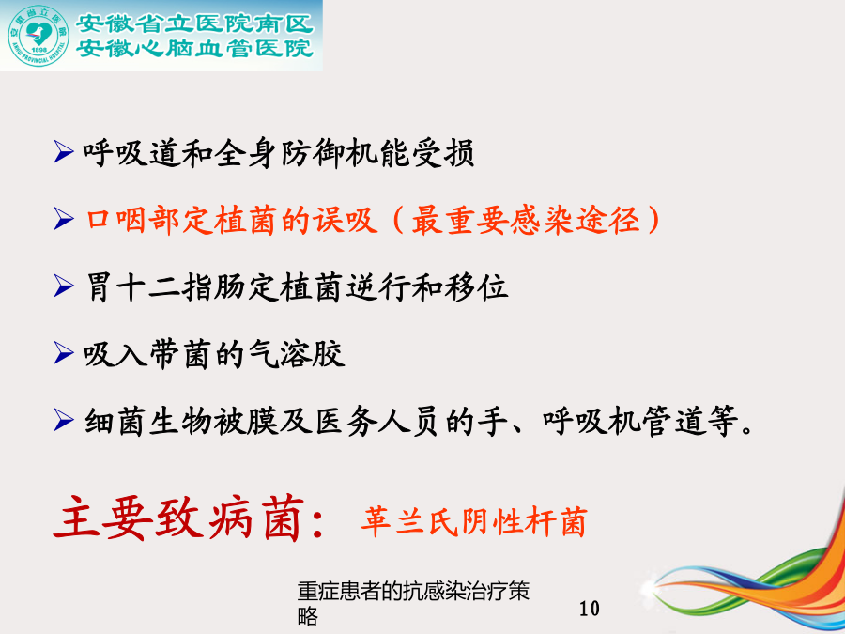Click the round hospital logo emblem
(38, 36)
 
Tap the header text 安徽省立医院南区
(194, 23)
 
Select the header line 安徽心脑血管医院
(194, 48)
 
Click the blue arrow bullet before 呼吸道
(64, 151)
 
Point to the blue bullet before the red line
(64, 219)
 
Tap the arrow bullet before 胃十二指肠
(64, 286)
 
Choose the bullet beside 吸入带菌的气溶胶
(64, 353)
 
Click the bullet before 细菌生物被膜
(64, 420)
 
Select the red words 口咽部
(132, 220)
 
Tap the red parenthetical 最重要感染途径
(526, 220)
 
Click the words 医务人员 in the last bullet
(376, 421)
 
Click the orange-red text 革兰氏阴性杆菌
(473, 521)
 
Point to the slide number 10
(590, 609)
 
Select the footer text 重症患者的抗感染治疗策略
(413, 603)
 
